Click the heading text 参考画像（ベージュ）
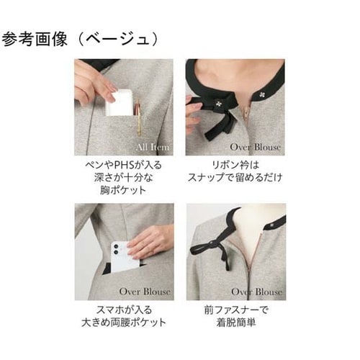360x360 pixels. (x=81, y=37)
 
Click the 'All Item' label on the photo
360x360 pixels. (x=153, y=148)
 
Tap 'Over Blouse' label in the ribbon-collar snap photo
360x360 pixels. (x=256, y=148)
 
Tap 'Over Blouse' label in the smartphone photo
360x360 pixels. (x=145, y=292)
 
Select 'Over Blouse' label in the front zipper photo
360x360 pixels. (x=256, y=292)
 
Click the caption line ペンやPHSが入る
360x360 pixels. (x=124, y=165)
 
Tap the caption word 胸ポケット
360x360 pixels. (x=124, y=191)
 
